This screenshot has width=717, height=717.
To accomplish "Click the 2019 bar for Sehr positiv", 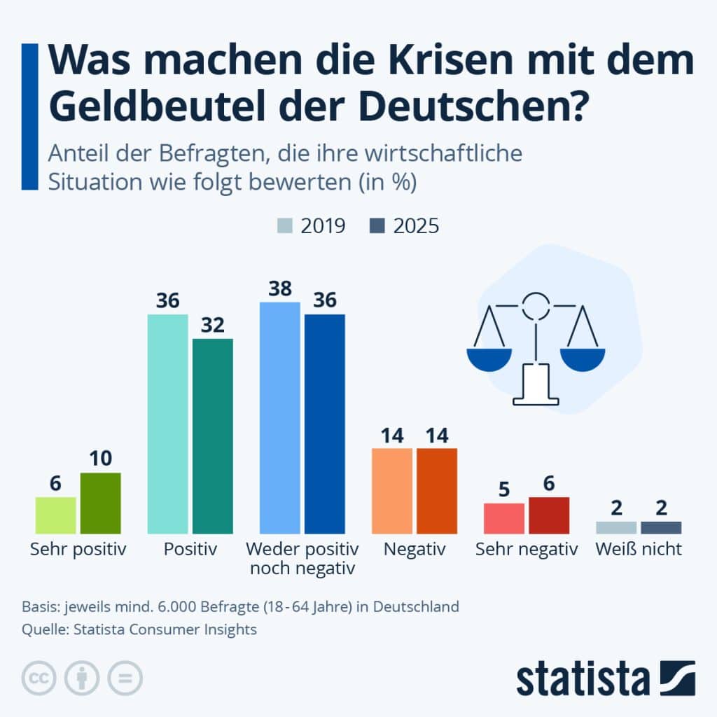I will (x=56, y=515).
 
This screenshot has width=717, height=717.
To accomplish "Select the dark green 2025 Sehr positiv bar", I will (x=101, y=503).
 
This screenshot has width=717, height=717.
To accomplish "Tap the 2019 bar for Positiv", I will (x=168, y=424).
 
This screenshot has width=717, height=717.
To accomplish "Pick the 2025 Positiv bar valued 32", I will (x=213, y=436).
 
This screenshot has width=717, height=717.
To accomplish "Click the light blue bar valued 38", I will (x=280, y=418).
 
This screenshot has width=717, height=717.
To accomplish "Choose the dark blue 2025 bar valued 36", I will (x=325, y=424).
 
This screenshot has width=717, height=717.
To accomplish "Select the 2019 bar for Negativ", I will (x=392, y=491).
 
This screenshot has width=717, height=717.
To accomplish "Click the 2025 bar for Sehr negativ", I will (x=549, y=515).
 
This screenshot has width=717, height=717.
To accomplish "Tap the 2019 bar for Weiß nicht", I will (x=616, y=527).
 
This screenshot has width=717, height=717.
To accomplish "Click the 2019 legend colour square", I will (x=285, y=226).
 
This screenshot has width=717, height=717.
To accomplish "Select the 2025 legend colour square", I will (x=377, y=226).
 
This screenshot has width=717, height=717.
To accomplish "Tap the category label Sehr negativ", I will (x=527, y=549).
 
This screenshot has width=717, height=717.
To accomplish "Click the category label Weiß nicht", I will (x=639, y=549).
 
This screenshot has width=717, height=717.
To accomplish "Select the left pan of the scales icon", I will (x=489, y=359).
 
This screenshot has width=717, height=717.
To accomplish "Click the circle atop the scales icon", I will (x=536, y=305).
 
